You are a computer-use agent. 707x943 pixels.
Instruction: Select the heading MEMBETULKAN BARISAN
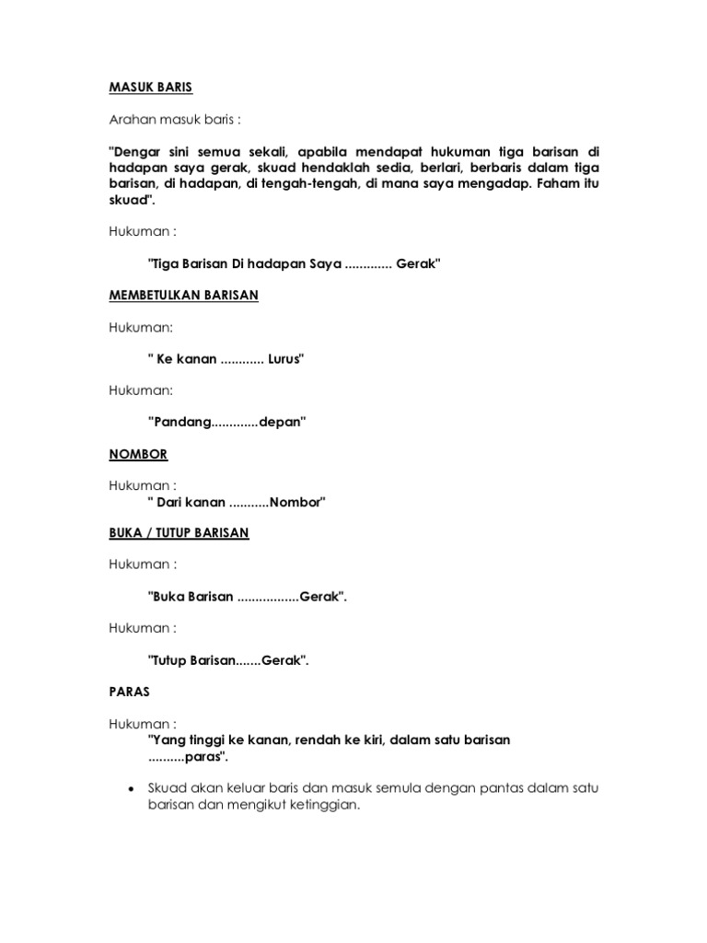point(184,296)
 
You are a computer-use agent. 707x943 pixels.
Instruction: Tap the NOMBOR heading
point(138,454)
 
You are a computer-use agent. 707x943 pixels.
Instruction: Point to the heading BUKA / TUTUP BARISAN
point(179,532)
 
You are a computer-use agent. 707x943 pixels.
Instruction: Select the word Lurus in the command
point(285,359)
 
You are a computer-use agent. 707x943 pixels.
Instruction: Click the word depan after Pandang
point(284,422)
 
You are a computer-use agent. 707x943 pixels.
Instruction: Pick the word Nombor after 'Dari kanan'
point(296,502)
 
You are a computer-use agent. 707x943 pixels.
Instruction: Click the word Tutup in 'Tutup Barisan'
point(168,659)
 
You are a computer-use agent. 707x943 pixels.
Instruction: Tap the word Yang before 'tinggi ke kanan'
point(167,739)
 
